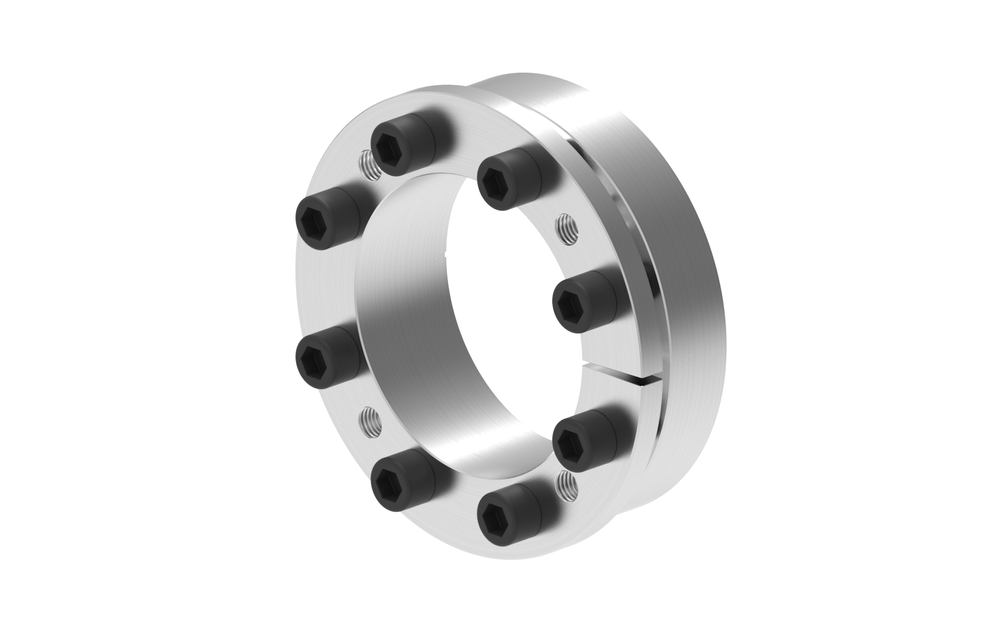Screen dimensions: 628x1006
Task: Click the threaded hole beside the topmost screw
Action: (368, 164)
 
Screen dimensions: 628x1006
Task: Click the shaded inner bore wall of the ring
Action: (414, 340)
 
